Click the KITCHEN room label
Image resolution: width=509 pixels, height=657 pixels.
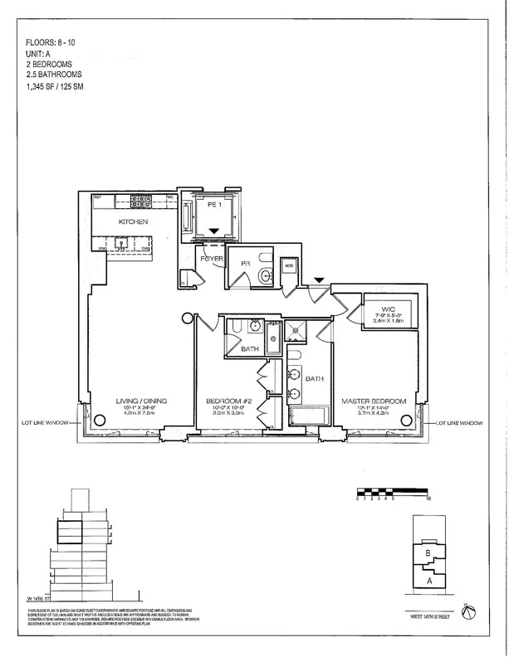(x=133, y=223)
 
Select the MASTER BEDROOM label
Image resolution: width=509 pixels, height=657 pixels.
(x=374, y=401)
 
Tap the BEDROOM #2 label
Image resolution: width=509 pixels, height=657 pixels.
(x=229, y=401)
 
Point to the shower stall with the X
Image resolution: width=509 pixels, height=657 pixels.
(x=296, y=333)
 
